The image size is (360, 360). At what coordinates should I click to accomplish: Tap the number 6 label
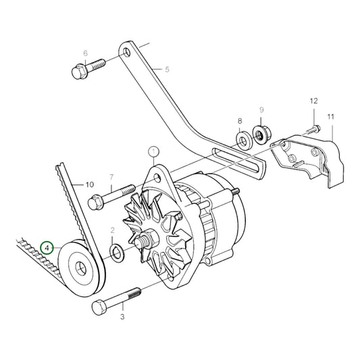click(86, 53)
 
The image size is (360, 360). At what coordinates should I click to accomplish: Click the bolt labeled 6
click(87, 68)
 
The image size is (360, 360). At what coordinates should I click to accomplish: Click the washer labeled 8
click(241, 140)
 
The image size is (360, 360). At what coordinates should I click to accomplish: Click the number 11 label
click(331, 118)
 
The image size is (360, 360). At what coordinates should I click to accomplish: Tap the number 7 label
click(111, 178)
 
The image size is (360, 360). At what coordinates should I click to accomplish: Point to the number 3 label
click(123, 316)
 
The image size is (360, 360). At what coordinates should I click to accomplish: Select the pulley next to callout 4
click(81, 267)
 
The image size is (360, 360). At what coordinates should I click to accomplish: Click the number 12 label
click(313, 101)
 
